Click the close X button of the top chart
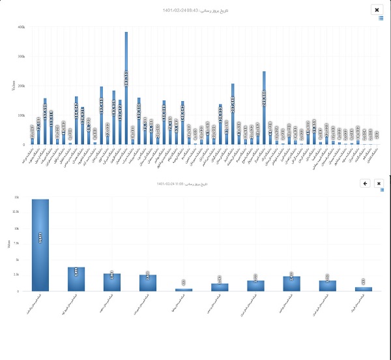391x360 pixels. [x=377, y=10]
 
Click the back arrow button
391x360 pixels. [x=365, y=184]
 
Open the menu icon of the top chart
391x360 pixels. [x=381, y=18]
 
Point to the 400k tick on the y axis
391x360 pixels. [x=21, y=27]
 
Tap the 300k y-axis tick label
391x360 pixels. [x=21, y=57]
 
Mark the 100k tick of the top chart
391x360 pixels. [x=21, y=115]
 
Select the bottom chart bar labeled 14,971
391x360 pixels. [x=40, y=245]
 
